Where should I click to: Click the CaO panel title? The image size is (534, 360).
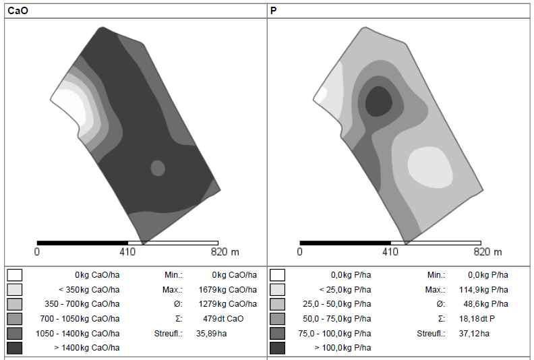pos(18,11)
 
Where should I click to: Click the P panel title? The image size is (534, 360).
pos(273,11)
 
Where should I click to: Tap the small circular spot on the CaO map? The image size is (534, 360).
pos(158,168)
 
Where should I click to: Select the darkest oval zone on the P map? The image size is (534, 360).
pos(378,101)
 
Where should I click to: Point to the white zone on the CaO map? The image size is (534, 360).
pos(71,106)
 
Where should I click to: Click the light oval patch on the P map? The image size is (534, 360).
pos(430,167)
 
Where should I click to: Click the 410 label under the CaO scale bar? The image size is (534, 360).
pos(127,252)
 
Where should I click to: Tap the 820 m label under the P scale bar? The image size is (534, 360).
pos(487,252)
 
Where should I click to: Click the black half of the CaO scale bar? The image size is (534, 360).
pos(82,243)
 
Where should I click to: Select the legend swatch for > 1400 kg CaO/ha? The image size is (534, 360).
pos(15,348)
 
